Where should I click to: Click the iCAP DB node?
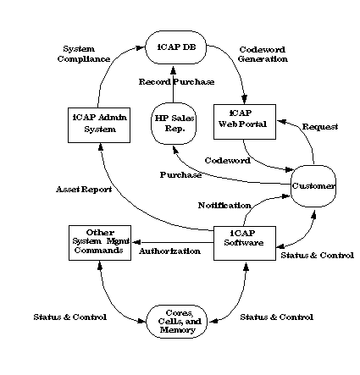tap(175, 48)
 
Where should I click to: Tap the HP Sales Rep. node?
tap(174, 123)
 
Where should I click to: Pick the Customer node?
tap(313, 185)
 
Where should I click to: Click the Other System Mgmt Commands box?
tap(99, 240)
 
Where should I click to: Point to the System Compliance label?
tap(86, 54)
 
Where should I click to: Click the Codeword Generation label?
tap(263, 54)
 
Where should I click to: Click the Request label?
tap(321, 126)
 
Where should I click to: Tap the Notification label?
tap(224, 205)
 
